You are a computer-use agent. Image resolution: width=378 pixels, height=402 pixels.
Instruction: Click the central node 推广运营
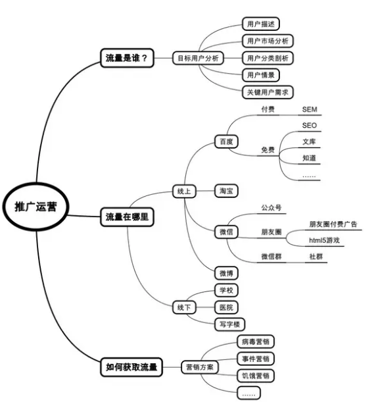point(36,207)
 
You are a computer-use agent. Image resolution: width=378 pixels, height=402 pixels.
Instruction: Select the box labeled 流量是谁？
point(127,58)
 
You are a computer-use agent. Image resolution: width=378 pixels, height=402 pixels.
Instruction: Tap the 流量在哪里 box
point(127,217)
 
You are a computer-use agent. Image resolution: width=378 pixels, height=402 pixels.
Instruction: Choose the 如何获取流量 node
point(131,367)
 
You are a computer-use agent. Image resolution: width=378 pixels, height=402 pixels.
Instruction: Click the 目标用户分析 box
point(198,58)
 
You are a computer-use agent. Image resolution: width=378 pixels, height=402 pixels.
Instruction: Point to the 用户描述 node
point(261,24)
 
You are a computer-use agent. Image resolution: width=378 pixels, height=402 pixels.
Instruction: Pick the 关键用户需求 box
point(268,92)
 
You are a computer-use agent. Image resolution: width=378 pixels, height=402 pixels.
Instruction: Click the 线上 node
point(184,191)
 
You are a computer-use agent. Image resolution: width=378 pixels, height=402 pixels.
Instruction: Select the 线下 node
point(184,307)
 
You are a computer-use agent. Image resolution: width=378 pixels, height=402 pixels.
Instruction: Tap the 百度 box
point(226,141)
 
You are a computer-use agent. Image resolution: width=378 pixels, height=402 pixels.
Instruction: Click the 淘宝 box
point(226,191)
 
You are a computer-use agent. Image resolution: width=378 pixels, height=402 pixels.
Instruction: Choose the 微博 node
point(226,273)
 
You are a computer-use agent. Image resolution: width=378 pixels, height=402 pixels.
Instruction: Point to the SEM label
point(310,109)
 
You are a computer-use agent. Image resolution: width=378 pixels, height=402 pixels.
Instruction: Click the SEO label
point(310,126)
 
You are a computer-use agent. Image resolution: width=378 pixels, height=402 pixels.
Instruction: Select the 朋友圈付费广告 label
point(333,224)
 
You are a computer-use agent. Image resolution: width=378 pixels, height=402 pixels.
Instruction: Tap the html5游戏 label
point(324,240)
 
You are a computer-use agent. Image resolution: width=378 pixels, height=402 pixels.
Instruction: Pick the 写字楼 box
point(229,324)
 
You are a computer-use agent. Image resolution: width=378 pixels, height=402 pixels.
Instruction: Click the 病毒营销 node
point(256,341)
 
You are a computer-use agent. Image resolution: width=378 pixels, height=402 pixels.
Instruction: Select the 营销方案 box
point(200,367)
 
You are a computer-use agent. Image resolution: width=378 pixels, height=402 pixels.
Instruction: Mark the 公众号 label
point(272,208)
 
